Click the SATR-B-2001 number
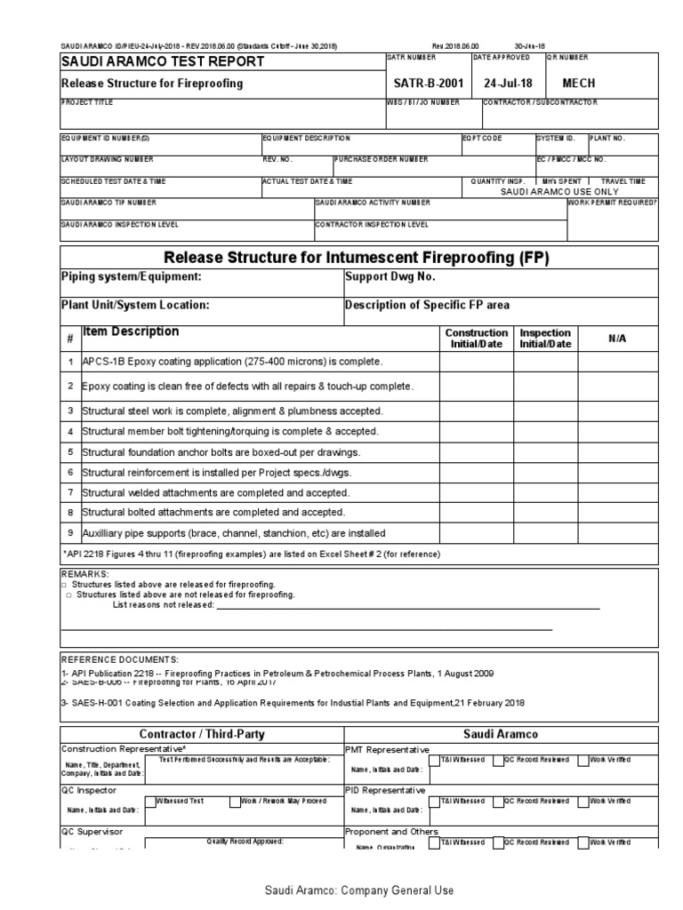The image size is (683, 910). [x=428, y=83]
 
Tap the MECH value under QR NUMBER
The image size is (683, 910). [x=579, y=83]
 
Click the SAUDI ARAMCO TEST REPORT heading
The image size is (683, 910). [x=162, y=61]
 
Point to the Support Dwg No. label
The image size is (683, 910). [x=390, y=277]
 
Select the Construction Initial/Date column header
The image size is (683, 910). [x=477, y=339]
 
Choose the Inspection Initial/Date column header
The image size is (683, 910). [x=545, y=339]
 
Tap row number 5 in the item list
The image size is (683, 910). [x=69, y=452]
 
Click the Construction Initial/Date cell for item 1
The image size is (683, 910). [x=477, y=363]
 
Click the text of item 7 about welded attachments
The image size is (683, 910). [x=215, y=492]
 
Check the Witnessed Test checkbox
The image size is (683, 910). [x=150, y=802]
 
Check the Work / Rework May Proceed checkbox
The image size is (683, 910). [x=234, y=802]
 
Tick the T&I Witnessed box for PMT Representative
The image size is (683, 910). [x=434, y=761]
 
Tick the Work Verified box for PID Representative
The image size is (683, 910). [x=583, y=802]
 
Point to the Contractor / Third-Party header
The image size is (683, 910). [x=202, y=734]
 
